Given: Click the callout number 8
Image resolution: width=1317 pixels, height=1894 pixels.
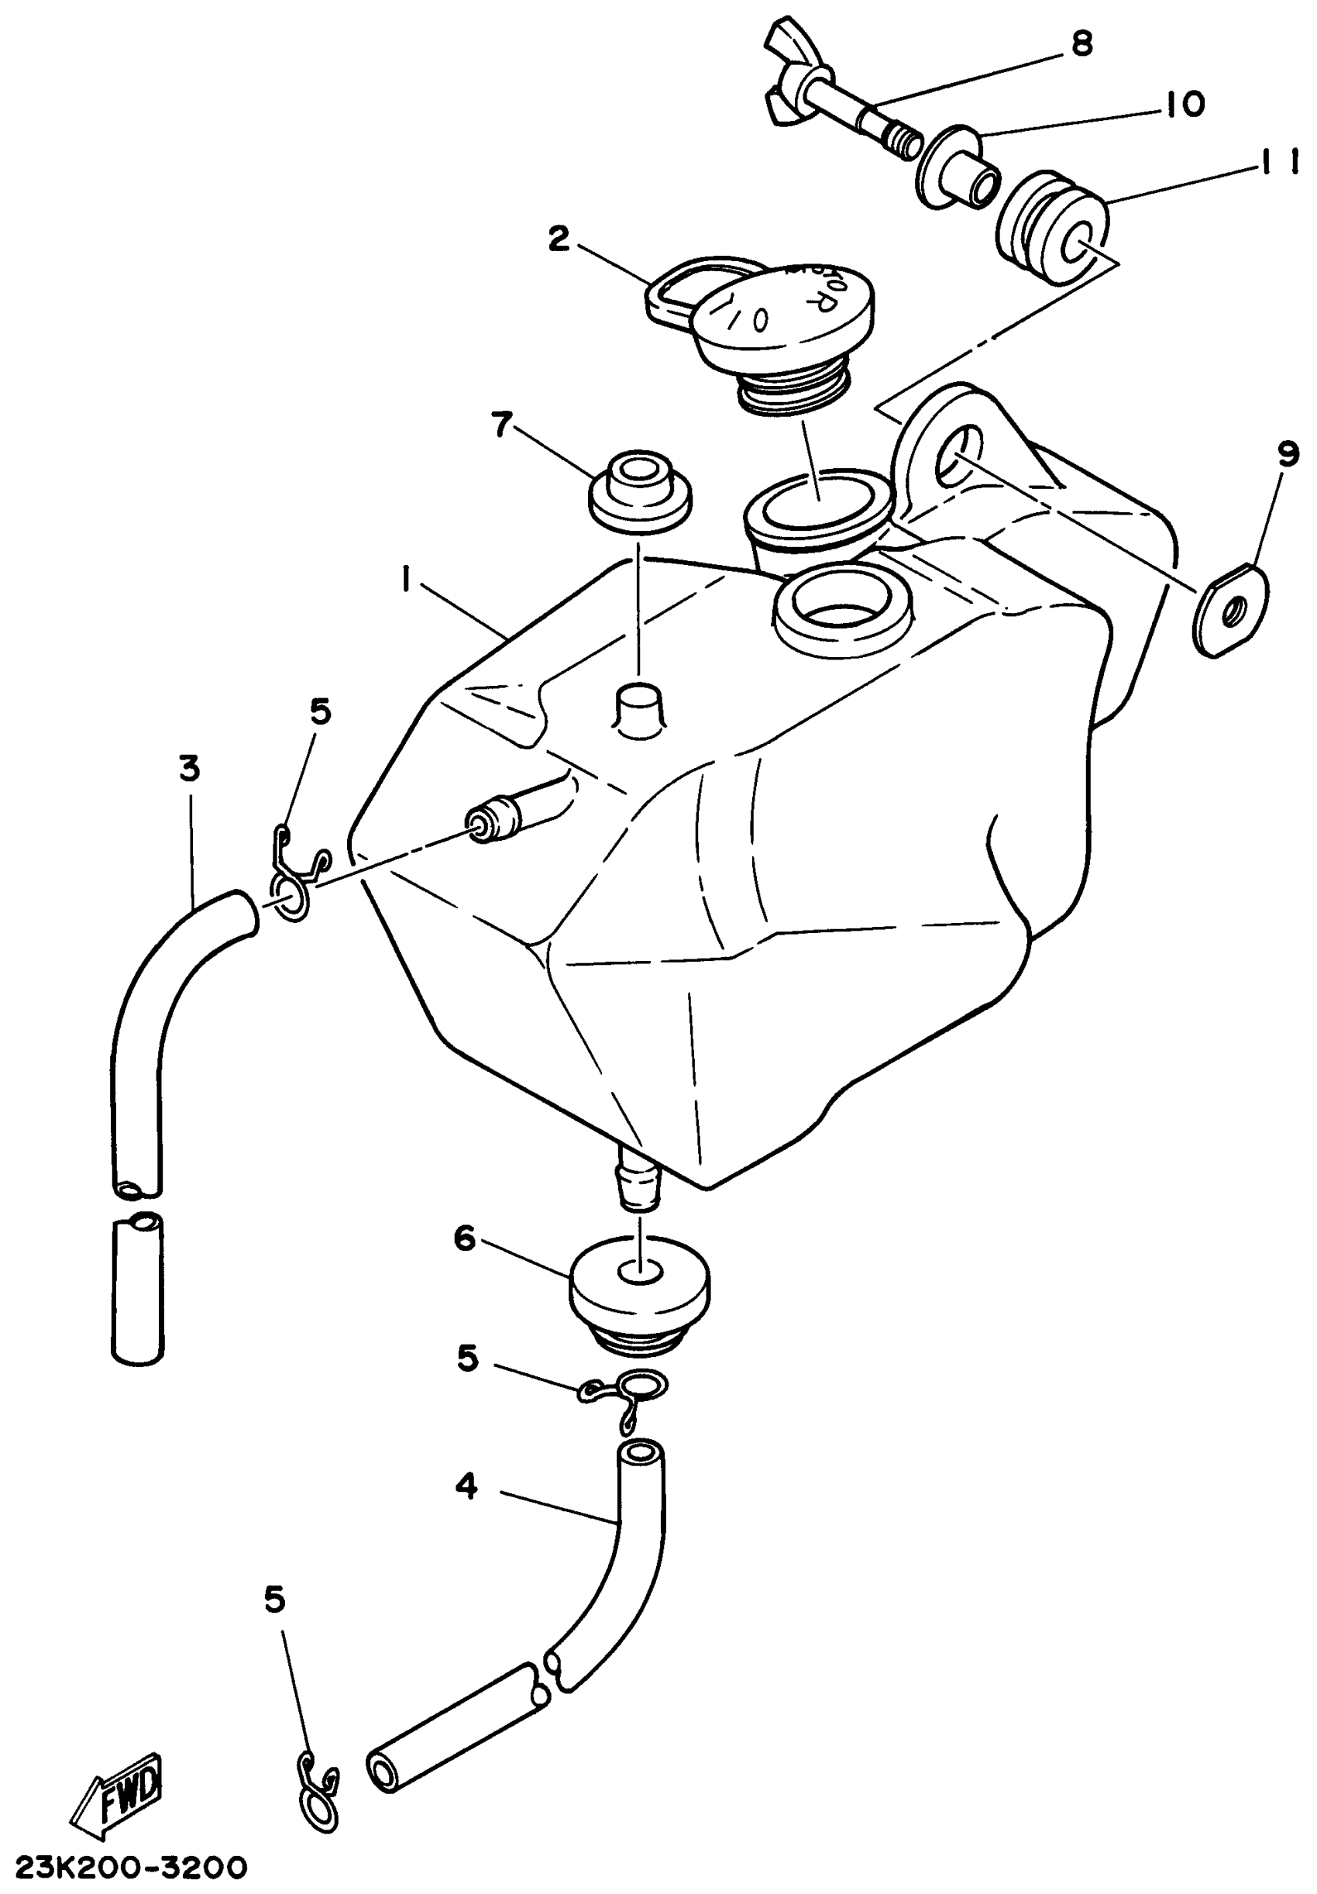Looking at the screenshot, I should [1081, 43].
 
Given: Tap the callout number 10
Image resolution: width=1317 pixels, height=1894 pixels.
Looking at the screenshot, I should [1185, 104].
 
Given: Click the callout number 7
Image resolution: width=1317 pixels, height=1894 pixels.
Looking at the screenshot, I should [501, 425].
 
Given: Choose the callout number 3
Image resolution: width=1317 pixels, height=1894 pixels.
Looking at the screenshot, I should [190, 768].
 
